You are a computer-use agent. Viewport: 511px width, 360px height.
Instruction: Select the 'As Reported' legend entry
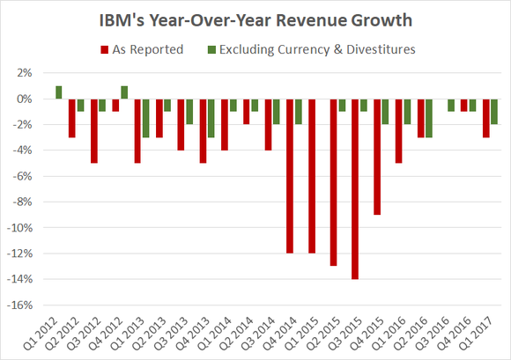[146, 49]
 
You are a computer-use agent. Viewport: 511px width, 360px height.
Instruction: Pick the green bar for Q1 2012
[59, 92]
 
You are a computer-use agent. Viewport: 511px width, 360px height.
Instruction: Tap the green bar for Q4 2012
[124, 92]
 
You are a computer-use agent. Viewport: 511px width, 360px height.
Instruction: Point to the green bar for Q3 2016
[451, 105]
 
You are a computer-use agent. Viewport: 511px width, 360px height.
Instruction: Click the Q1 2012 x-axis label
[44, 333]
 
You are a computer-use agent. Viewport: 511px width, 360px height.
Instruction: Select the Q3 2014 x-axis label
[261, 333]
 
